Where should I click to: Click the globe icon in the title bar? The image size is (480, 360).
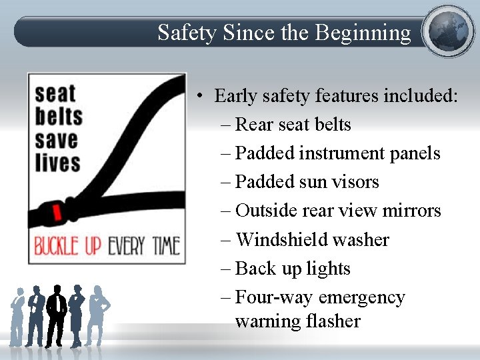449,31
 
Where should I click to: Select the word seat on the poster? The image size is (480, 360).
55,94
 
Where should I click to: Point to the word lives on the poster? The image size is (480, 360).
57,163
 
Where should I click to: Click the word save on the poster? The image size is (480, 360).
57,140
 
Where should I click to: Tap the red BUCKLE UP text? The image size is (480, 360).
67,245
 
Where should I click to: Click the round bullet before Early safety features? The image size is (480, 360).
200,97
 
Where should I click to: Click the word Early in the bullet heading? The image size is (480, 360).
233,96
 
